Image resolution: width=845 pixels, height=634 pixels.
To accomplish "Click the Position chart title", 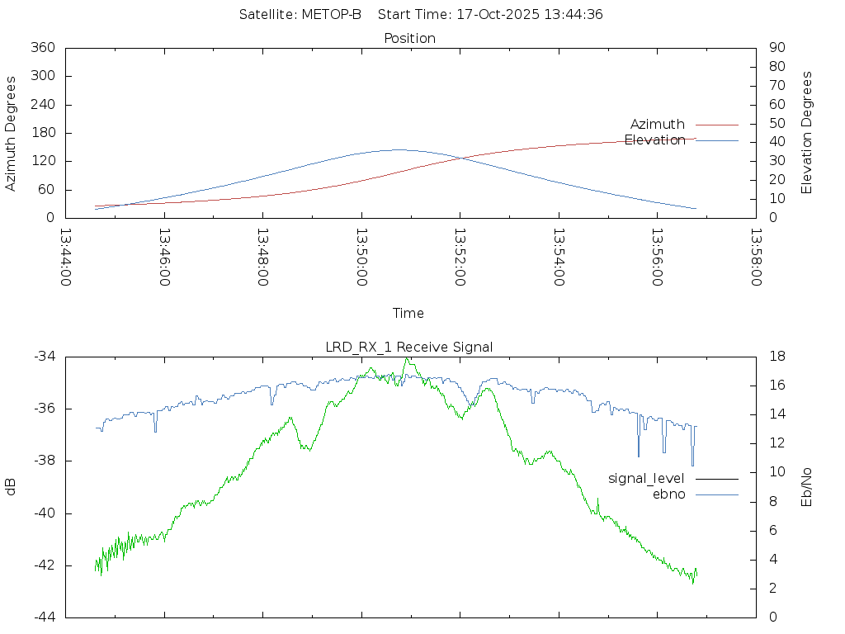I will pos(410,38).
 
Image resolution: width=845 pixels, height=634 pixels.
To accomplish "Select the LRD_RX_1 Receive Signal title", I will pos(409,347).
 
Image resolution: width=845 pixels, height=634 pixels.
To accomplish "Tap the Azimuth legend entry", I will pos(658,125).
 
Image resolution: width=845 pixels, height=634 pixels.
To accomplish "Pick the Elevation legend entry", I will pos(654,140).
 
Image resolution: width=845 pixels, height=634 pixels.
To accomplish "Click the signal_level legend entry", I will pos(646,479).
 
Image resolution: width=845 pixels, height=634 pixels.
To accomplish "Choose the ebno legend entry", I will pos(669,494).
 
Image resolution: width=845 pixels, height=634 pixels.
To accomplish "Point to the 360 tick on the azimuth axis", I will pos(43,48).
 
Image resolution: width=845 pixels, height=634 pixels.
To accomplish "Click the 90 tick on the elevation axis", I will pos(776,48).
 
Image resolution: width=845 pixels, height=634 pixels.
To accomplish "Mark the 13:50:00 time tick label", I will pos(361,257).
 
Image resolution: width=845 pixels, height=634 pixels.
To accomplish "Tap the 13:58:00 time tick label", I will pos(755,257).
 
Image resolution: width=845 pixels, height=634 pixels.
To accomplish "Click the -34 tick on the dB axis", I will pos(45,357).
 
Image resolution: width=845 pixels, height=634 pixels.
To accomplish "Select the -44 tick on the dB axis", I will pos(45,617).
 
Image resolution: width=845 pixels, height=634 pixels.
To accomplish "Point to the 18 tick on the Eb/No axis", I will pos(777,357).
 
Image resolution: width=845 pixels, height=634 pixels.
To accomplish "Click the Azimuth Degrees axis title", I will pos(12,133).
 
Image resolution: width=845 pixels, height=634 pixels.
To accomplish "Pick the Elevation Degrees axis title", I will pos(807,133).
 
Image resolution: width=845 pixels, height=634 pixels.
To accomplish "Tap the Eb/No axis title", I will pos(807,487).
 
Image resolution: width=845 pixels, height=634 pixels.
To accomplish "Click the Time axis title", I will pos(408,314).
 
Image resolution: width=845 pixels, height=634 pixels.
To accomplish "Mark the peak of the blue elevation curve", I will pos(399,149).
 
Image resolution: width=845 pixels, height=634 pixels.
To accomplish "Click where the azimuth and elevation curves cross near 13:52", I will pos(458,158).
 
